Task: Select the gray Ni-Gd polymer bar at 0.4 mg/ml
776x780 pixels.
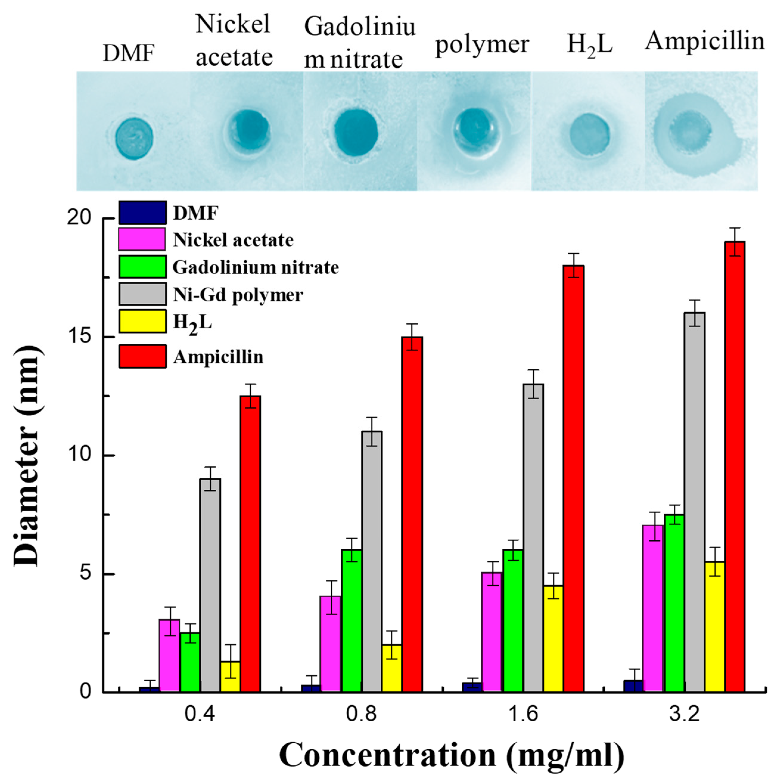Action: tap(210, 585)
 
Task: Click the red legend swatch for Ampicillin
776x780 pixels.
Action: tap(142, 356)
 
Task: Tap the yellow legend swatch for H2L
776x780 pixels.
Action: tap(142, 321)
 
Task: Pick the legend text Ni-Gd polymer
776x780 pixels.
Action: tap(238, 295)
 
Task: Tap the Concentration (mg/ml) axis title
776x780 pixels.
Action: tap(452, 754)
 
